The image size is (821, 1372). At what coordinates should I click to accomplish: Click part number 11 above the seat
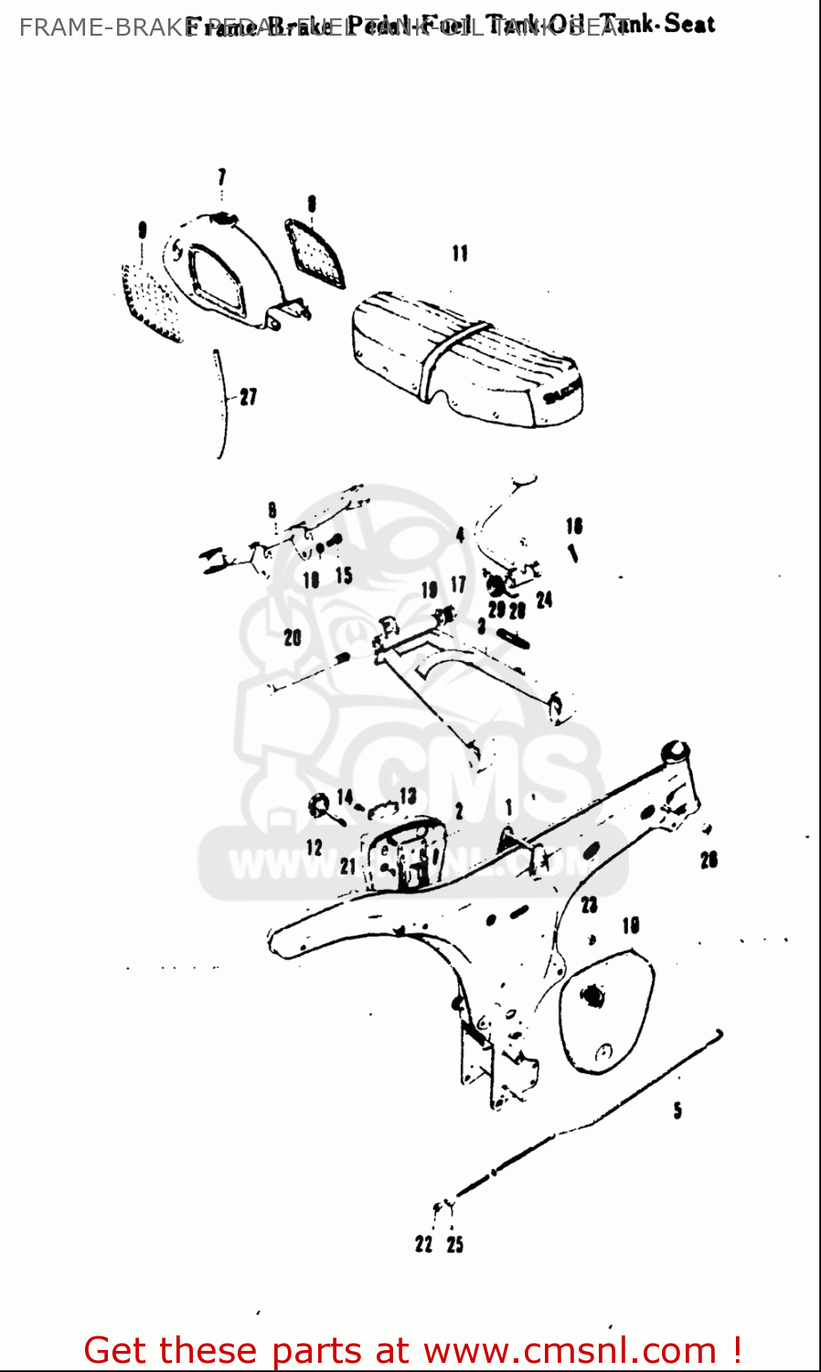460,253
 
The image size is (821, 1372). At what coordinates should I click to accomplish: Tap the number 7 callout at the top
221,177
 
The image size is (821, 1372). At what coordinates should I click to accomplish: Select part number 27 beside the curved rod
249,397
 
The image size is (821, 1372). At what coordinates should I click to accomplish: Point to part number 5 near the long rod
677,1110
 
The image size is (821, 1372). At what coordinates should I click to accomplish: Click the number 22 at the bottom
423,1244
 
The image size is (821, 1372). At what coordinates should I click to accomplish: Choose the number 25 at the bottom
455,1244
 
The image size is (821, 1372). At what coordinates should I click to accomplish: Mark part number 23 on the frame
589,905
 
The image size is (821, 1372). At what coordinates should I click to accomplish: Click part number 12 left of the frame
314,847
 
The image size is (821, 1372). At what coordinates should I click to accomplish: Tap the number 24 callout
544,600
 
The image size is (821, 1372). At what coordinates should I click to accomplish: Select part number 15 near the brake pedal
343,575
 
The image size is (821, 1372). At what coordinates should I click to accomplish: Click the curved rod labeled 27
220,402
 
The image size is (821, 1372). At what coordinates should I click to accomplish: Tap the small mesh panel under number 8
315,251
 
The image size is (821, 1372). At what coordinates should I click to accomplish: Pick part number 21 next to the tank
348,865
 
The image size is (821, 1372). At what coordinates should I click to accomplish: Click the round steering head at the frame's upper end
677,751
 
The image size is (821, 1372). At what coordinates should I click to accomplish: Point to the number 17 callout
458,584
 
